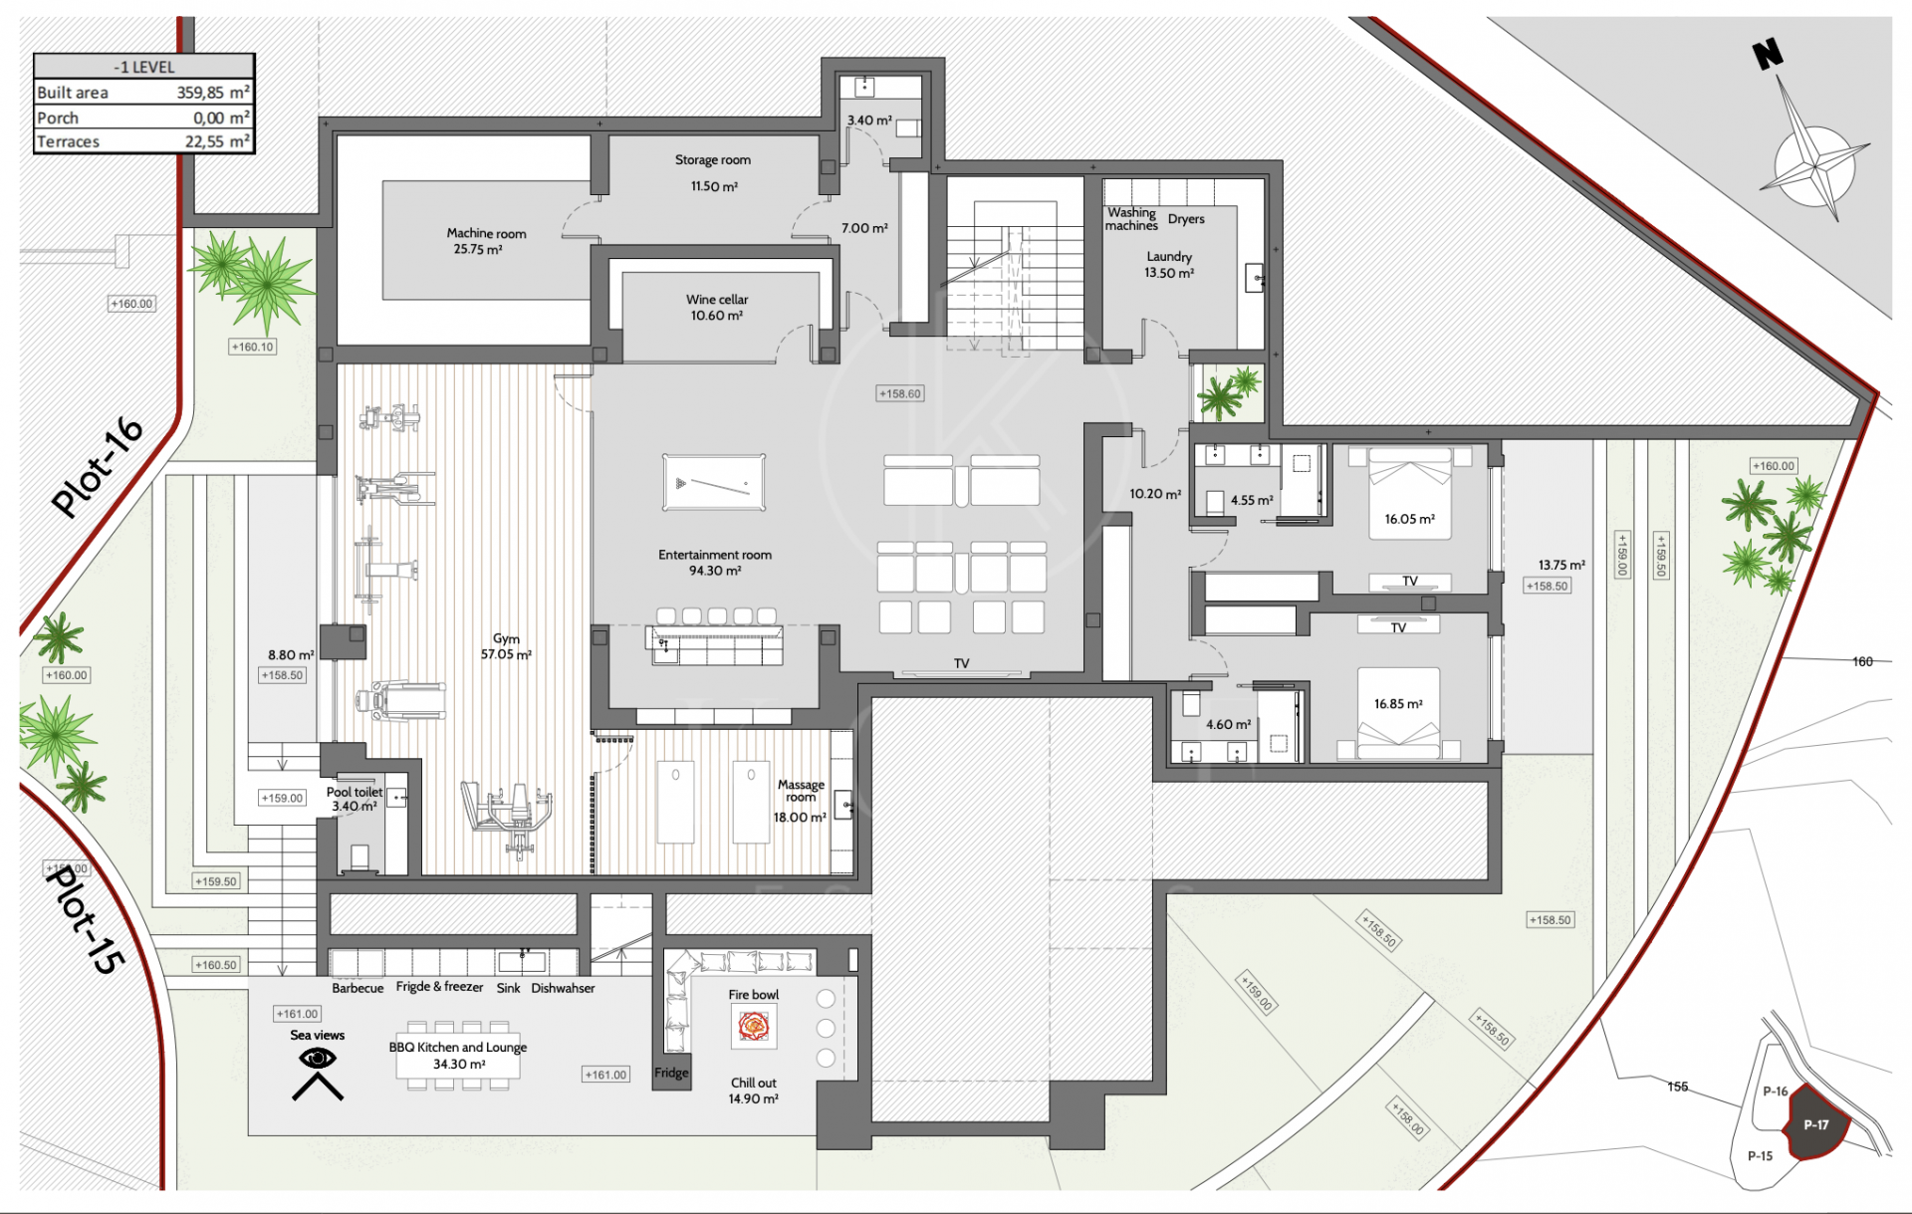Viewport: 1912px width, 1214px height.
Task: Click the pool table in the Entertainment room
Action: tap(714, 482)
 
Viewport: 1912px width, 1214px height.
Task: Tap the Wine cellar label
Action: tap(717, 299)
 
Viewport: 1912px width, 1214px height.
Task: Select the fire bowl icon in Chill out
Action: tap(754, 1026)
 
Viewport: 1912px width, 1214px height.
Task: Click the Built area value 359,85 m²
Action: tap(213, 93)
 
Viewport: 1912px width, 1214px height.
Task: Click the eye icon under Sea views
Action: tap(318, 1059)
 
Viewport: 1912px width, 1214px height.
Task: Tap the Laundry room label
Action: tap(1169, 256)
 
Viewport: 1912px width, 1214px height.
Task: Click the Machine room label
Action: tap(486, 233)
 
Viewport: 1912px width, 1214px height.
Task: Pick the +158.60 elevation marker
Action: tap(900, 393)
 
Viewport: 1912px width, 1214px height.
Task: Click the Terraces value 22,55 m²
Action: tap(217, 141)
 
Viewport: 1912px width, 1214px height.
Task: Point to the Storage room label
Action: tap(713, 159)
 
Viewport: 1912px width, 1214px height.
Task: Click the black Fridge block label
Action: tap(671, 1073)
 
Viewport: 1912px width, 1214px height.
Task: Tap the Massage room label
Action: tap(802, 791)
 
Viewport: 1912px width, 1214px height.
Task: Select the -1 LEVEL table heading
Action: tap(144, 67)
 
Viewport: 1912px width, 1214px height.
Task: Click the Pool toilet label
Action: tap(355, 792)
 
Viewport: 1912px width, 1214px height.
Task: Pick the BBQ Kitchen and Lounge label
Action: tap(458, 1047)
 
